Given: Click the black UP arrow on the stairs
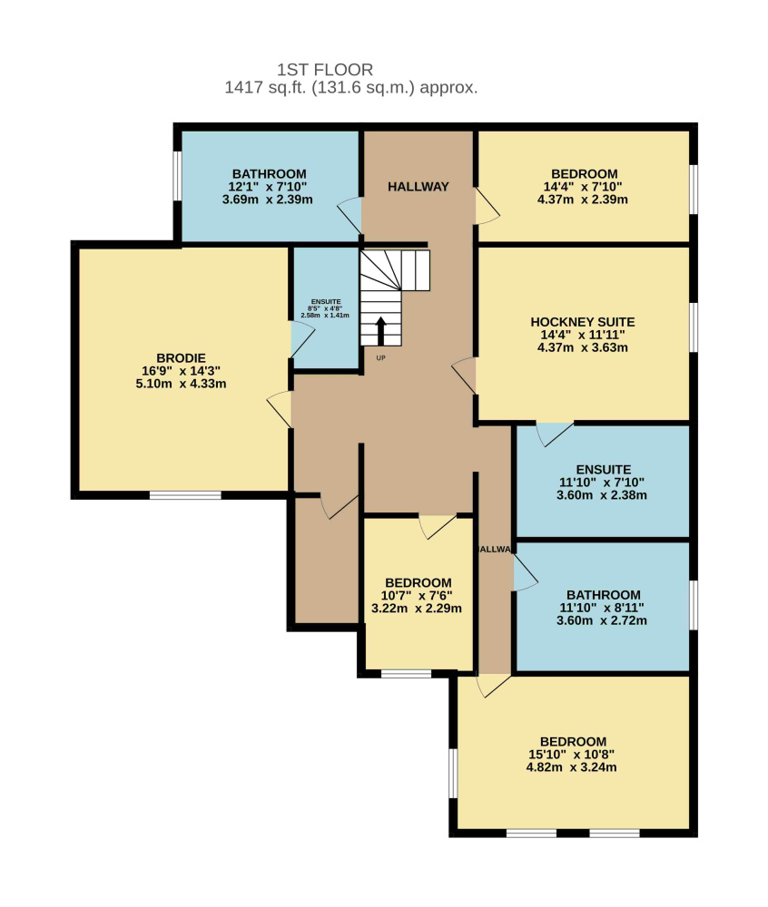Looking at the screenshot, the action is pyautogui.click(x=380, y=331).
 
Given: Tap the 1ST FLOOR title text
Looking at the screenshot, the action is pyautogui.click(x=325, y=70).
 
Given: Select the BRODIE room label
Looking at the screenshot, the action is pyautogui.click(x=182, y=358).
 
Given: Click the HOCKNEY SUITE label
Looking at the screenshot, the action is pyautogui.click(x=583, y=322).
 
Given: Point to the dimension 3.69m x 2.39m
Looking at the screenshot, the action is pyautogui.click(x=268, y=200).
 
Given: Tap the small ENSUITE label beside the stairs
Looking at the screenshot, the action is pyautogui.click(x=326, y=301).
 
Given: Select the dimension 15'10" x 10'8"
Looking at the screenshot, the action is pyautogui.click(x=571, y=755).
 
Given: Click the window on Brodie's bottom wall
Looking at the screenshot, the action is pyautogui.click(x=185, y=495).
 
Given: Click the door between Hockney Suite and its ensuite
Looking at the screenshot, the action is pyautogui.click(x=555, y=434).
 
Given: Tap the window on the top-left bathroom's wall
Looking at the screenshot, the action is pyautogui.click(x=178, y=176).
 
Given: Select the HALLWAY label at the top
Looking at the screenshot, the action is pyautogui.click(x=418, y=186).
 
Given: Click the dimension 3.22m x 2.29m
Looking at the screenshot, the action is pyautogui.click(x=417, y=608).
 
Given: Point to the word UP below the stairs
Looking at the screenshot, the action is pyautogui.click(x=380, y=358).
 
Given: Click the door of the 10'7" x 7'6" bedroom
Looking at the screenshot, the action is pyautogui.click(x=438, y=526).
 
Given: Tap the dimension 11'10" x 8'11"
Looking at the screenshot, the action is pyautogui.click(x=602, y=608).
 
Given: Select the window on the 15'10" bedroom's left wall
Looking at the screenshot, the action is pyautogui.click(x=453, y=773).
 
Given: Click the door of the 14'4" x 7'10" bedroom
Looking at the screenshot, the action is pyautogui.click(x=487, y=205).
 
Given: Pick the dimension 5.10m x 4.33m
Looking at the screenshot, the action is pyautogui.click(x=182, y=384).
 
